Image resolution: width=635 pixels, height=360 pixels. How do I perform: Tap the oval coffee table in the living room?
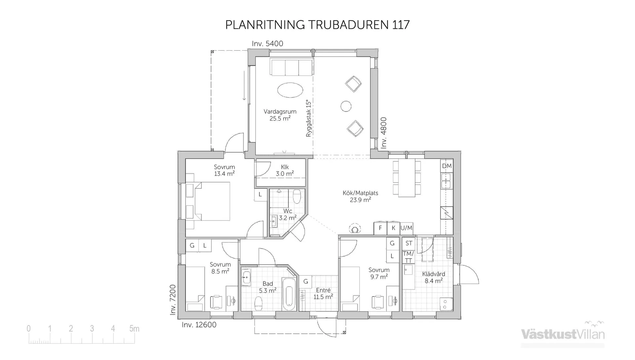pyautogui.click(x=290, y=90)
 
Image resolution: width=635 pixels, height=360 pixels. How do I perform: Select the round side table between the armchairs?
pyautogui.click(x=346, y=106)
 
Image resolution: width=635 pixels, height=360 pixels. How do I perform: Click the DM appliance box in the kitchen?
pyautogui.click(x=446, y=166)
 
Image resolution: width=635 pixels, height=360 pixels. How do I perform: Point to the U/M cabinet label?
pyautogui.click(x=406, y=228)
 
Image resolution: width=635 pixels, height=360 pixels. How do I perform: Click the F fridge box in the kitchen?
pyautogui.click(x=380, y=228)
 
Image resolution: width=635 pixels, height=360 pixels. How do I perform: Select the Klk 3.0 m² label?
pyautogui.click(x=284, y=170)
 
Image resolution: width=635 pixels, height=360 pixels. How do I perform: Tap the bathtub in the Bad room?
pyautogui.click(x=289, y=294)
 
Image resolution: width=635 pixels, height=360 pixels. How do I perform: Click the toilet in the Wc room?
pyautogui.click(x=297, y=196)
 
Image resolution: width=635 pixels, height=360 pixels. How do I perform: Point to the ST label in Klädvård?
pyautogui.click(x=409, y=243)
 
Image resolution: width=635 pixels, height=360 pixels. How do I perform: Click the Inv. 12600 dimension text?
pyautogui.click(x=199, y=325)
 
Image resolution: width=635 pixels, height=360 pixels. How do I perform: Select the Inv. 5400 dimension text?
pyautogui.click(x=267, y=44)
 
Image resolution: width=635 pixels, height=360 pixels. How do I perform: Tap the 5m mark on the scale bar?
pyautogui.click(x=134, y=329)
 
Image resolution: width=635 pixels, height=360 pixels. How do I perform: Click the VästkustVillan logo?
pyautogui.click(x=563, y=334)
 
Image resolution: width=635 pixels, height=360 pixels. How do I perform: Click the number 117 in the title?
pyautogui.click(x=401, y=25)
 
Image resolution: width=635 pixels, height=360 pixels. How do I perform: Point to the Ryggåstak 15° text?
pyautogui.click(x=309, y=118)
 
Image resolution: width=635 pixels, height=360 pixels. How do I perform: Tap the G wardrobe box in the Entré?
pyautogui.click(x=306, y=282)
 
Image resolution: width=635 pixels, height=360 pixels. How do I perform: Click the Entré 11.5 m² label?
pyautogui.click(x=323, y=294)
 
